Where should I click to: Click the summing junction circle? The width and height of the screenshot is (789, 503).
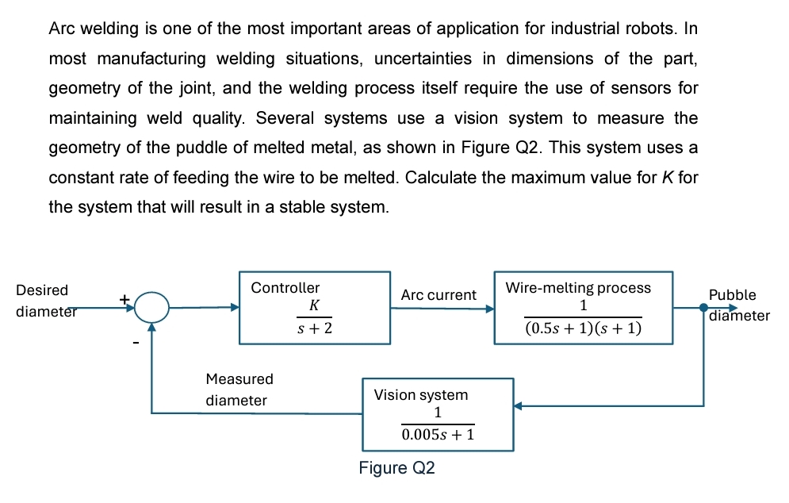151,307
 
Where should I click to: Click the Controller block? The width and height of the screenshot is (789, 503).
315,308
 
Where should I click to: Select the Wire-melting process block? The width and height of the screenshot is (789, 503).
583,308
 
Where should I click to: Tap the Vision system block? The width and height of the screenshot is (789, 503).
438,414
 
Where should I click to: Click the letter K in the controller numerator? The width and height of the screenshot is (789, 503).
315,305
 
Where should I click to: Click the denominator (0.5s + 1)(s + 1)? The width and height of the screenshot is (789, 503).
583,328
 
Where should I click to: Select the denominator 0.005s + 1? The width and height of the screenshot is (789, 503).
437,435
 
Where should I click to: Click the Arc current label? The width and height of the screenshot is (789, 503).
439,295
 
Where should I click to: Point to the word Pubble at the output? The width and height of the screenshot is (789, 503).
732,295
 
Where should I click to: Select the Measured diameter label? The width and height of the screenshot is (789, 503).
239,390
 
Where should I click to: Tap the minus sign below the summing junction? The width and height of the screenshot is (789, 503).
136,343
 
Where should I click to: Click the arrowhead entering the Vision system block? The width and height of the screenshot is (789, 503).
519,406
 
